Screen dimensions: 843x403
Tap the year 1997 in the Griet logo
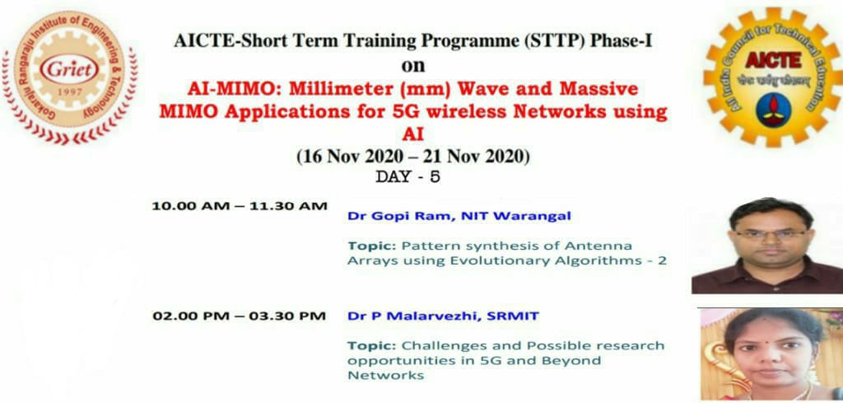pyautogui.click(x=70, y=92)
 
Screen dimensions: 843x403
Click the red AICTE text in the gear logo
pyautogui.click(x=773, y=59)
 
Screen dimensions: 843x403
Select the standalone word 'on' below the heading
pyautogui.click(x=413, y=66)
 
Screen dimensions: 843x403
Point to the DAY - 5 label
pyautogui.click(x=408, y=177)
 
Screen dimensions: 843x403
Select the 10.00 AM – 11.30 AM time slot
pyautogui.click(x=240, y=206)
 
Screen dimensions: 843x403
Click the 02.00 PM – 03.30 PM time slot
pyautogui.click(x=240, y=316)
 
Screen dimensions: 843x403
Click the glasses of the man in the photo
pyautogui.click(x=771, y=235)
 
